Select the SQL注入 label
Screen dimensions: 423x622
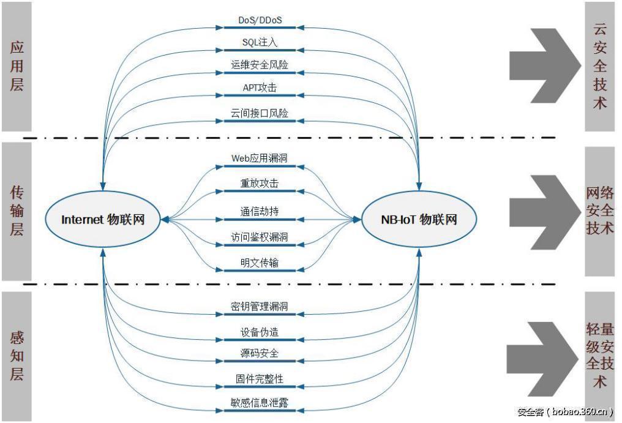259,42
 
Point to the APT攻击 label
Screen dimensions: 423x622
259,88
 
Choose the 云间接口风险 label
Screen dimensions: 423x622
259,113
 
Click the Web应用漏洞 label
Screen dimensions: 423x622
259,159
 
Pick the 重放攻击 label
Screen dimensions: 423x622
259,183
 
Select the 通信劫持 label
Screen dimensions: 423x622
259,212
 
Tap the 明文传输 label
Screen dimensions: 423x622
259,263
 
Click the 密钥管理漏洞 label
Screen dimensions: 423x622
259,306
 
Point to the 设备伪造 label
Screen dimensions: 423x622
259,332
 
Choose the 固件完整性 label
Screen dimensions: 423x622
259,380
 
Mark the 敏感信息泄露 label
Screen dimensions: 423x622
259,403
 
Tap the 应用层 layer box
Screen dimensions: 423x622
17,66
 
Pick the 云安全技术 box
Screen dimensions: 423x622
599,66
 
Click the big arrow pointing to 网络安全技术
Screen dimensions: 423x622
542,211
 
